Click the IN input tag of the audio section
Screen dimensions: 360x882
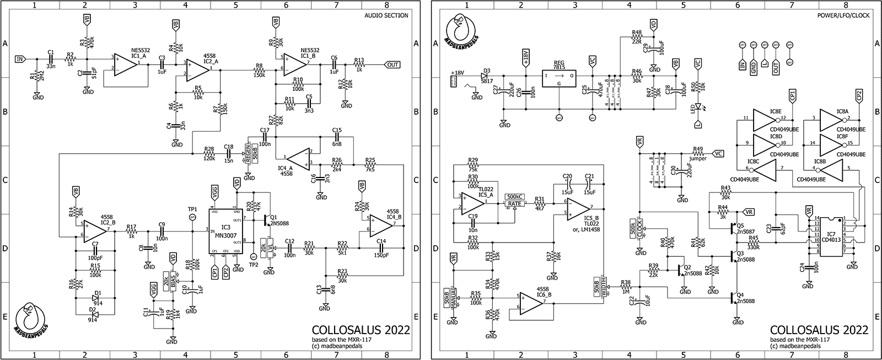click(20, 58)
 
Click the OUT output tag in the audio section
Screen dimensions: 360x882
click(392, 65)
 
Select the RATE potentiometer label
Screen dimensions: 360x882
click(515, 204)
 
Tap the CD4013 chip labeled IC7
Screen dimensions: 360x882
click(831, 237)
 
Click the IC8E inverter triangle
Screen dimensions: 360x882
click(766, 119)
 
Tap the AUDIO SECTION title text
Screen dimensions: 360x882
click(386, 15)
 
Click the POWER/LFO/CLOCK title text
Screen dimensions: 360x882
click(844, 15)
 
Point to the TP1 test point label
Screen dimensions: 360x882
click(192, 209)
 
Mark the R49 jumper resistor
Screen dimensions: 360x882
click(698, 154)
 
